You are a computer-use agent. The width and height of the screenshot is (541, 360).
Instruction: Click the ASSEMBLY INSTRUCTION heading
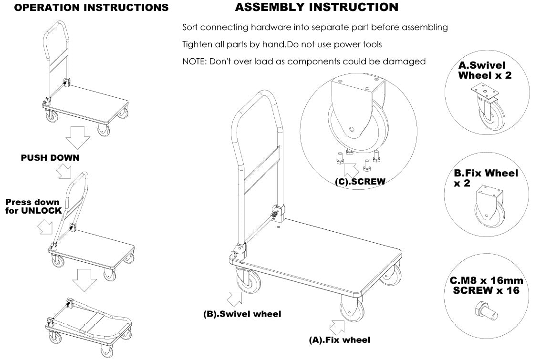click(x=316, y=7)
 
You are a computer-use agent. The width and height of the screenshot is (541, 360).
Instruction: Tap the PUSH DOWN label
click(x=50, y=158)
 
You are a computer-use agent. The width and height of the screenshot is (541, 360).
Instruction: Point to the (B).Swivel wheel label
click(x=242, y=314)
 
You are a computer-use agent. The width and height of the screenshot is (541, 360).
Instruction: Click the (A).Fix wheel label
click(x=339, y=340)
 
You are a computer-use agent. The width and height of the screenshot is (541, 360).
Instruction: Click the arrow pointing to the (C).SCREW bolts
click(x=351, y=169)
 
